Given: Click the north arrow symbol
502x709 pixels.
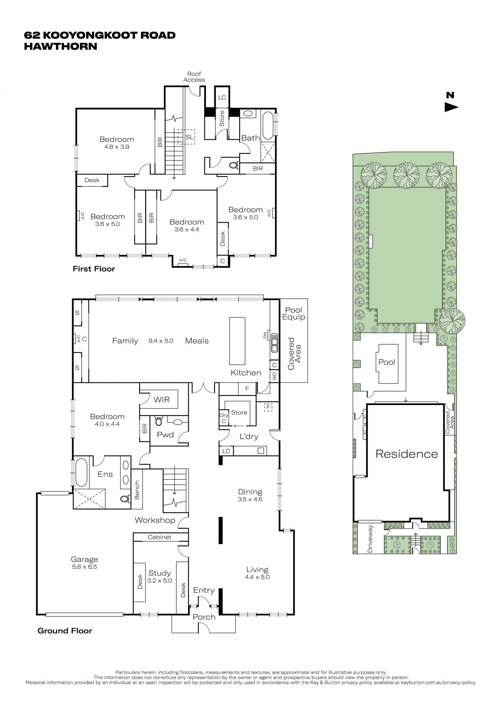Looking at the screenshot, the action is coord(451,107).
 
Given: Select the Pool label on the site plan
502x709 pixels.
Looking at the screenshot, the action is coord(387,362).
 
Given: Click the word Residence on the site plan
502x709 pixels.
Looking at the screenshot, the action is coord(407,454).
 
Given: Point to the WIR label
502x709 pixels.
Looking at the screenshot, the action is coord(162,400).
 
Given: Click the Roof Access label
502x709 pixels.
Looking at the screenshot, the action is coord(194,77).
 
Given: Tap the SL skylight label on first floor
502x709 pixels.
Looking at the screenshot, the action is coord(190,137).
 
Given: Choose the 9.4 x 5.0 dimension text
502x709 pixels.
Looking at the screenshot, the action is coord(161,341).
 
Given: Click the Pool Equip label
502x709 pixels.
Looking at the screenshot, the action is coord(294,314).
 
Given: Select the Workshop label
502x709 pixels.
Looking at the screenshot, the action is coord(155,520).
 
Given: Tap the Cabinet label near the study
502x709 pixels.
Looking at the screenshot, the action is coord(159,537).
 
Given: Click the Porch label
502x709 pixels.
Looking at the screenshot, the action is coord(204,617).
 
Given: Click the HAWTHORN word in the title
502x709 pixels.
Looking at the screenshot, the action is coord(61,46).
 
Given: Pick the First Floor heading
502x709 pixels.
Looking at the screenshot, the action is coord(94,269).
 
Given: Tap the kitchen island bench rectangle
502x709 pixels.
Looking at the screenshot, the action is coord(237,341).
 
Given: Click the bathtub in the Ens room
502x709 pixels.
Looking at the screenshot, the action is coord(81,472).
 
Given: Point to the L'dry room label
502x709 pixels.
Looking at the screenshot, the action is coord(249,436).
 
